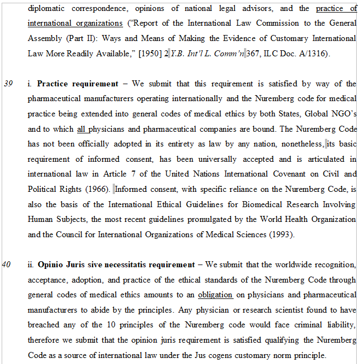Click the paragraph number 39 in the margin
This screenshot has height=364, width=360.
(8, 84)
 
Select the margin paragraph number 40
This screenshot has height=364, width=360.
(8, 265)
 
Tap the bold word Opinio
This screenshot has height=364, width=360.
(50, 265)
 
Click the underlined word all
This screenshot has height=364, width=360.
(82, 129)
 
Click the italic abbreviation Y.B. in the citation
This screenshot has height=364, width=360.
(179, 54)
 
